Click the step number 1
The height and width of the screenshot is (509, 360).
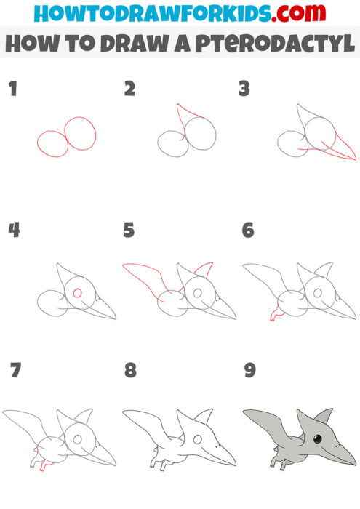[x=12, y=90]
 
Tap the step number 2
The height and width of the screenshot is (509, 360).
[x=130, y=89]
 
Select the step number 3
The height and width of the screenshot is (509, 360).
[x=244, y=89]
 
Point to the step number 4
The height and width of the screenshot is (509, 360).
[x=13, y=231]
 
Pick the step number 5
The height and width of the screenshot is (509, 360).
[x=130, y=231]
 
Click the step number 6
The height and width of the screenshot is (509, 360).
[x=248, y=231]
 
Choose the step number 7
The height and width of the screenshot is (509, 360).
[x=14, y=371]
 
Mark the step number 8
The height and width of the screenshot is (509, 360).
[x=130, y=371]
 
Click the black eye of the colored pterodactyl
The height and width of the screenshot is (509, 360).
[x=318, y=438]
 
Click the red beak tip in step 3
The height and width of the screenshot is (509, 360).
[x=353, y=158]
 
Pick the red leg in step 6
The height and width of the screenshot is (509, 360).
[x=274, y=316]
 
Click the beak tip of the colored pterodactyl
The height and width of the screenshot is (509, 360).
[x=356, y=463]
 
